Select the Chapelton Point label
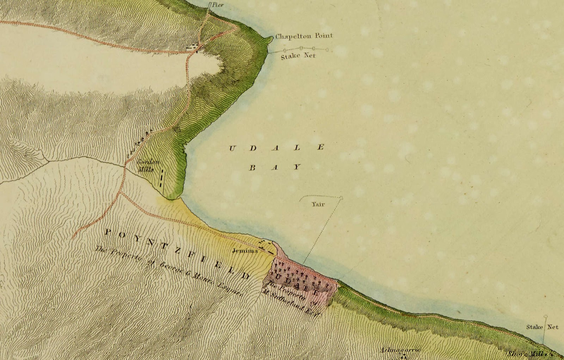point(304,36)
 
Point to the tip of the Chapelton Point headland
point(271,37)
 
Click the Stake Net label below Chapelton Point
point(298,56)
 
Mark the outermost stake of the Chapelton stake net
point(327,50)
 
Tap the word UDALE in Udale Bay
point(276,148)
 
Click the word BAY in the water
point(275,167)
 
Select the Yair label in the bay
point(318,204)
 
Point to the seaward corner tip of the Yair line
point(341,197)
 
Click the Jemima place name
point(245,251)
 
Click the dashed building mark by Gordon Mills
point(161,178)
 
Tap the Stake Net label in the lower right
point(542,327)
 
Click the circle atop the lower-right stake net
point(546,316)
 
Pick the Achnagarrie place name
point(400,350)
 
